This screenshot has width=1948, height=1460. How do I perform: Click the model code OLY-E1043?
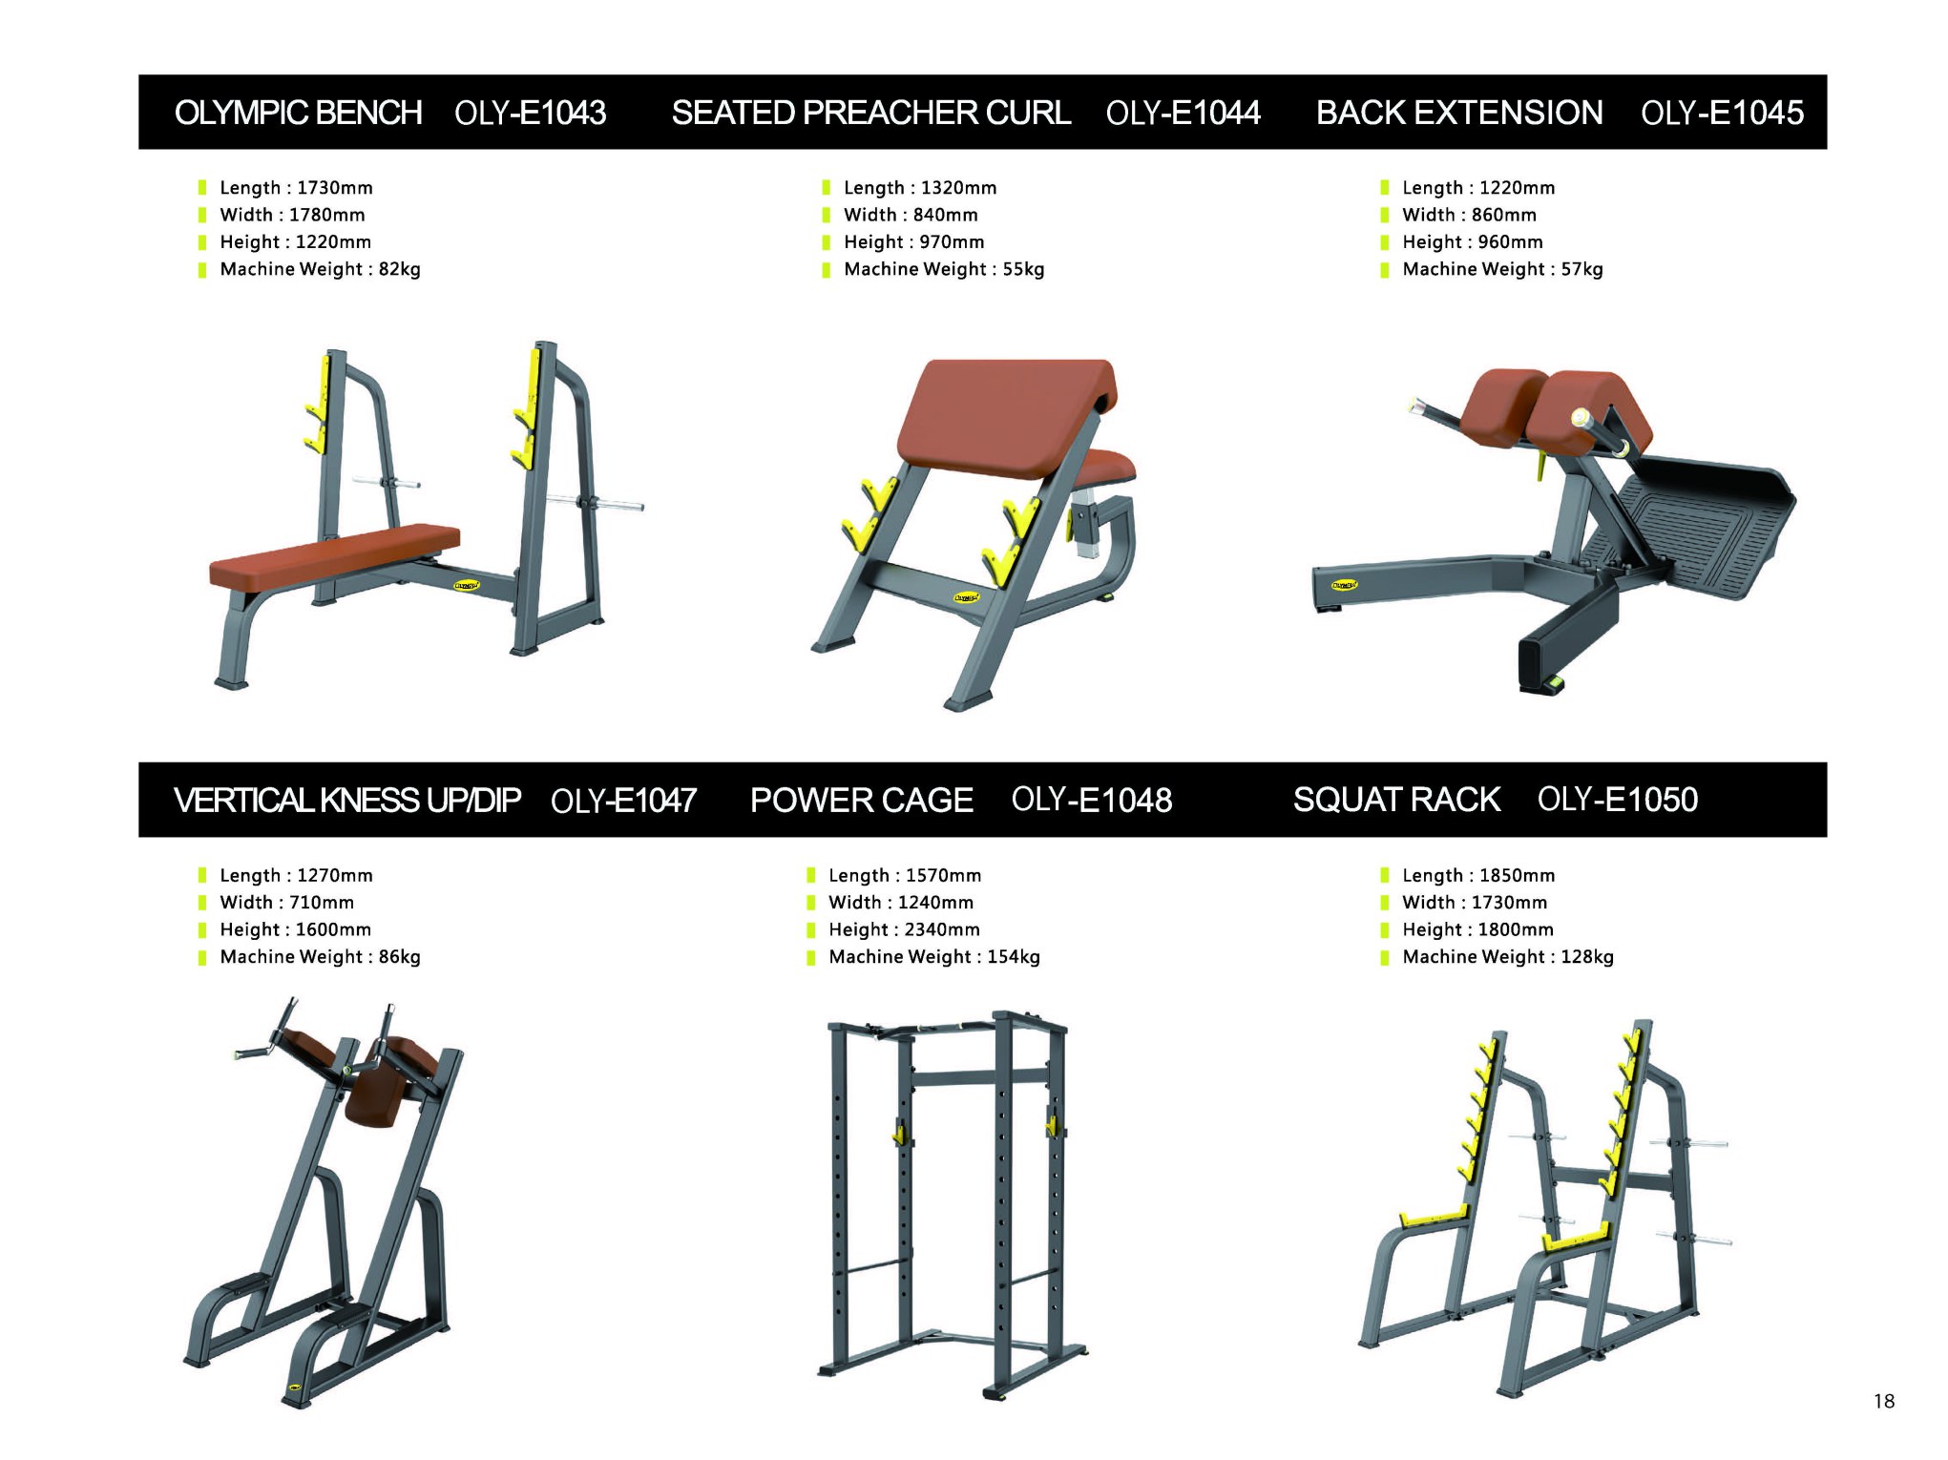tap(530, 113)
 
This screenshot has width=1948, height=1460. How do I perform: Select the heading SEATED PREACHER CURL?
tap(870, 113)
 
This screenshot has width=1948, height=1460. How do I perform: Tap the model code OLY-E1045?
tap(1722, 113)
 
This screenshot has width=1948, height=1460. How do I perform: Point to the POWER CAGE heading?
tap(861, 800)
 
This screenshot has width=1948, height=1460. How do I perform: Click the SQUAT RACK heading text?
tap(1396, 800)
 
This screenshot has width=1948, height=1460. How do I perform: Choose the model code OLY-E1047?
tap(623, 800)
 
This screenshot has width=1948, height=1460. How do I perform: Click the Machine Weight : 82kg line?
tap(320, 269)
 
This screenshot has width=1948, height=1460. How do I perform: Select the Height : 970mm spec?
tap(913, 242)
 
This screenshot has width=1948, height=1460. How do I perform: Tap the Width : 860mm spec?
tap(1469, 215)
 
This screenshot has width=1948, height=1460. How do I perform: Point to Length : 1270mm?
tap(296, 875)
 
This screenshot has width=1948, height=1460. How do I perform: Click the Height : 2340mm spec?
tap(904, 929)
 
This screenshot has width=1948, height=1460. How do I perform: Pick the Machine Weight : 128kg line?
tap(1508, 956)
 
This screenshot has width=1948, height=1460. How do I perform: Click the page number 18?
tap(1883, 1401)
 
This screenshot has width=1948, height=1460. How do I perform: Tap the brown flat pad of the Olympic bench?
tap(334, 556)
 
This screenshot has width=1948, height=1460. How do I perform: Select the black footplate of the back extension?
tap(1699, 525)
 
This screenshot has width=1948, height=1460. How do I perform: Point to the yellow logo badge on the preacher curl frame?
tap(967, 598)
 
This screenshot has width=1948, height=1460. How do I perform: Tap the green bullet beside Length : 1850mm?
tap(1385, 876)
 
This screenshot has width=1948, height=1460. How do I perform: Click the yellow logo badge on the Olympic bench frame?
tap(466, 585)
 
